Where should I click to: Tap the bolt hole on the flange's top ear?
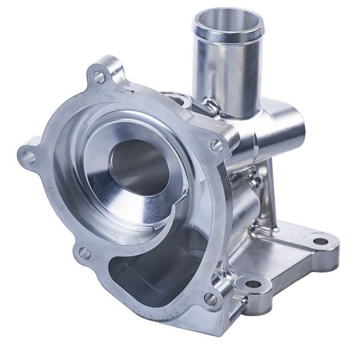point(99,77)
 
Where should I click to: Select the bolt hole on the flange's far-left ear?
point(28,158)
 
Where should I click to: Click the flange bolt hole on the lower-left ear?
point(85,253)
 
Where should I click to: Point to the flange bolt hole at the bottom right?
point(211,298)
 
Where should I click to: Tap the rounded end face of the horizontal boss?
point(298,128)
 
